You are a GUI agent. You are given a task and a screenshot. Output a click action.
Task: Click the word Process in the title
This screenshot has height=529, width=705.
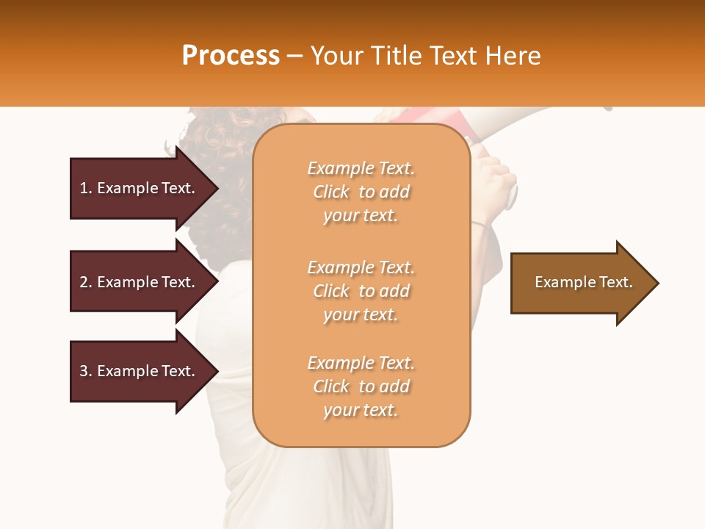click(x=231, y=56)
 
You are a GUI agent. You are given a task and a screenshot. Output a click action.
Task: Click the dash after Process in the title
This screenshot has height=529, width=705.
click(x=294, y=57)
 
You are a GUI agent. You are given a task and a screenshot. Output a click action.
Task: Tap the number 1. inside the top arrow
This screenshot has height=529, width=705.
click(x=86, y=188)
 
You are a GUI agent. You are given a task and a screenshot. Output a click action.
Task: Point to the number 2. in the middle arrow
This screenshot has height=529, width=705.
click(x=86, y=282)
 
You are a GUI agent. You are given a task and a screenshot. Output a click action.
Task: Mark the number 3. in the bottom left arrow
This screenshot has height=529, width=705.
click(x=86, y=371)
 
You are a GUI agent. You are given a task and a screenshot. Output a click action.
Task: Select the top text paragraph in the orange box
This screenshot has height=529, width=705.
click(x=361, y=192)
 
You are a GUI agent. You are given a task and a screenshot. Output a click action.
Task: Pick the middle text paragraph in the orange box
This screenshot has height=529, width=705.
click(x=361, y=291)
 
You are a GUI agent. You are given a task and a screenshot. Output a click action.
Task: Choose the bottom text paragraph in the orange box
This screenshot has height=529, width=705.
click(x=361, y=386)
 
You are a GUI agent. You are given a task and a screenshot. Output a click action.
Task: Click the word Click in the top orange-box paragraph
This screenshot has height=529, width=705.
click(x=331, y=192)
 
